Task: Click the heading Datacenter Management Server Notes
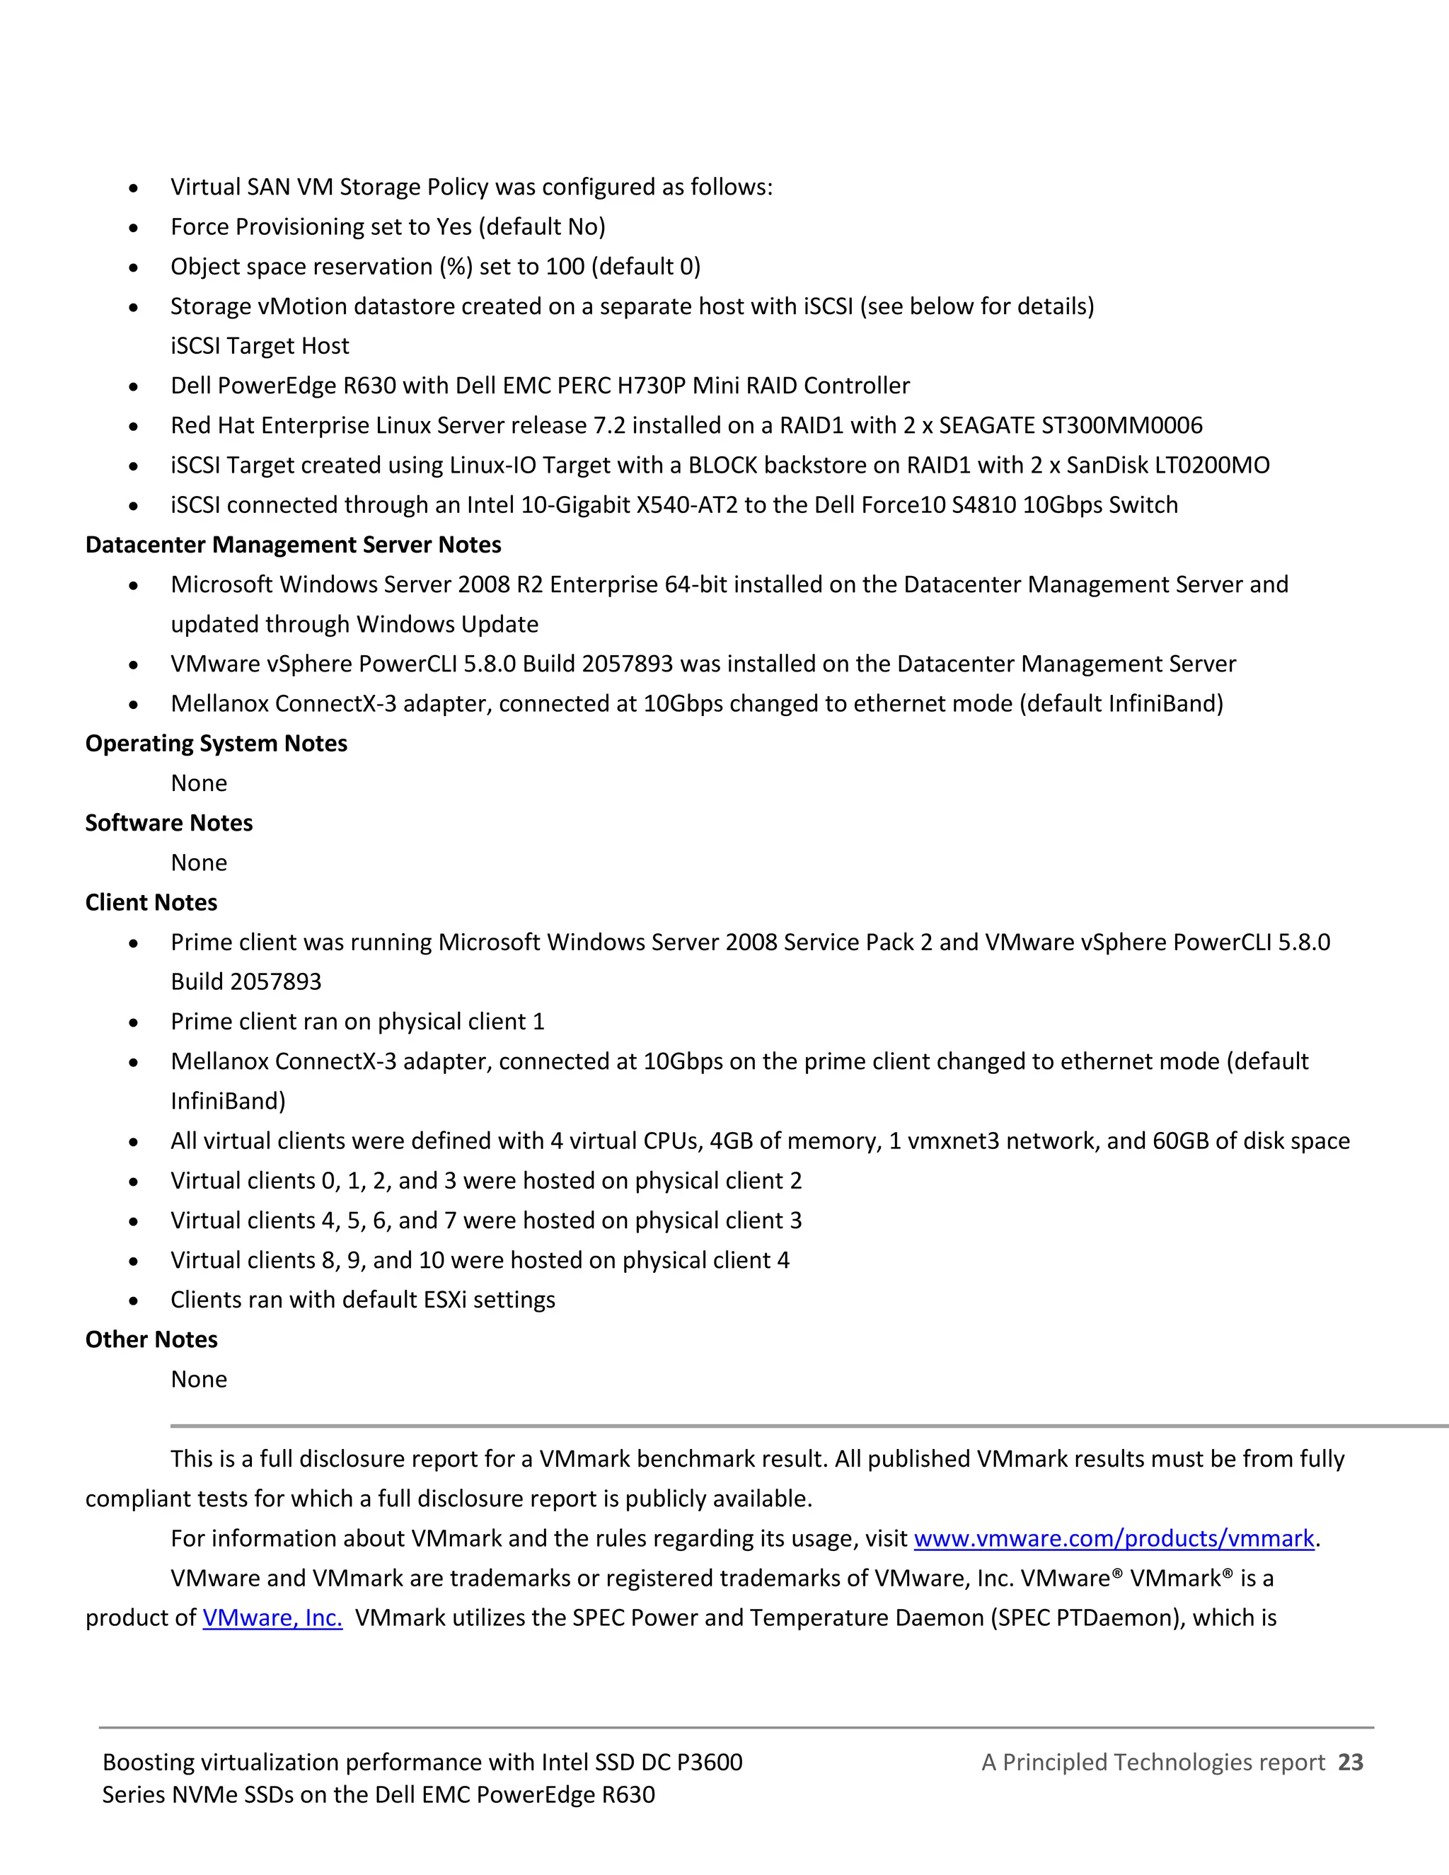tap(293, 545)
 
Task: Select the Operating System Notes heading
tap(217, 744)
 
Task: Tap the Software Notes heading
tap(169, 824)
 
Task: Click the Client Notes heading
tap(151, 902)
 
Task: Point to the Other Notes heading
tap(151, 1339)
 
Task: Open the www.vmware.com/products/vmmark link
tap(1114, 1538)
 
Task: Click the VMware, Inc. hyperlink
tap(272, 1618)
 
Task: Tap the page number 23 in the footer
tap(1350, 1762)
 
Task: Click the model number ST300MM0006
tap(1121, 426)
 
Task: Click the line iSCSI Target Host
tap(259, 346)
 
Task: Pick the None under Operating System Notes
tap(199, 783)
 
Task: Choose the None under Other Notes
tap(199, 1379)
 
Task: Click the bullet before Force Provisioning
tap(133, 229)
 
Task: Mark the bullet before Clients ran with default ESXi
tap(133, 1301)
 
